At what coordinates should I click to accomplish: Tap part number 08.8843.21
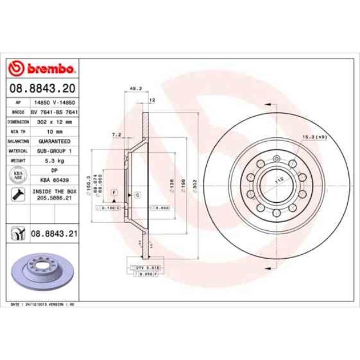54,234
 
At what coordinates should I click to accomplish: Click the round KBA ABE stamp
17,175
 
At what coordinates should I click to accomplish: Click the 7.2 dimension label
116,135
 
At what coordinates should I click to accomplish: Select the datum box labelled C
137,196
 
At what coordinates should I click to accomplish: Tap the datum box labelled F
114,192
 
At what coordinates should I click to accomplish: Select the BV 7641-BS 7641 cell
54,111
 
